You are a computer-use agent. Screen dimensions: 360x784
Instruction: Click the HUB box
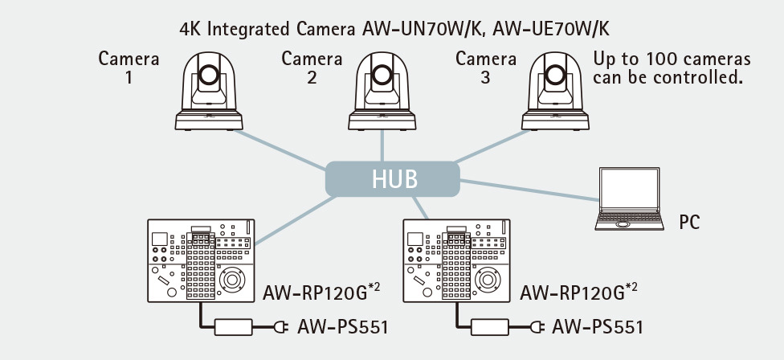coord(392,178)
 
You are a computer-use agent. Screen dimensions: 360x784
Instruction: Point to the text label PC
coord(689,221)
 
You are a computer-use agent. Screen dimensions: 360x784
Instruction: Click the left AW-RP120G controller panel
coord(201,259)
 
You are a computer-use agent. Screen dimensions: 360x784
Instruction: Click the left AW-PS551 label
coord(342,327)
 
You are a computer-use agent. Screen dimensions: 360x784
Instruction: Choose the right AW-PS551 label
coord(598,327)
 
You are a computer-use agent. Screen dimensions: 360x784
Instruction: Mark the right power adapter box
coord(490,327)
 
